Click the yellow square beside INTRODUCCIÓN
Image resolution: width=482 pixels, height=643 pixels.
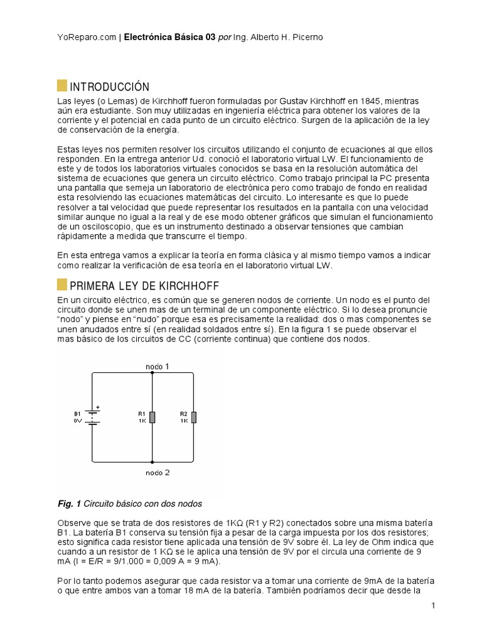pos(62,86)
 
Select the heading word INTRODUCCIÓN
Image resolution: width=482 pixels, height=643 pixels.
pos(109,87)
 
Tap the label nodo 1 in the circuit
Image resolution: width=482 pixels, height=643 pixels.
pos(157,365)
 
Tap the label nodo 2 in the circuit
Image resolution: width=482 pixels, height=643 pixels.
pos(157,472)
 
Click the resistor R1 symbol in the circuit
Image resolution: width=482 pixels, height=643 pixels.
pos(153,418)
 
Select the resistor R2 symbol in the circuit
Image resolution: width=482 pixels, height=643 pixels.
pos(194,418)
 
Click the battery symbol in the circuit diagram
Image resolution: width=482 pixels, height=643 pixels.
pos(93,418)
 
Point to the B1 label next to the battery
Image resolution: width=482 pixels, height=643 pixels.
pos(77,414)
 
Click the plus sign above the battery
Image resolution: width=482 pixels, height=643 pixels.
pos(97,407)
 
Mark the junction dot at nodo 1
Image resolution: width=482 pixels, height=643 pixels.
pos(153,372)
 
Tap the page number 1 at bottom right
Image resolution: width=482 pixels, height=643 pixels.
pos(433,605)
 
